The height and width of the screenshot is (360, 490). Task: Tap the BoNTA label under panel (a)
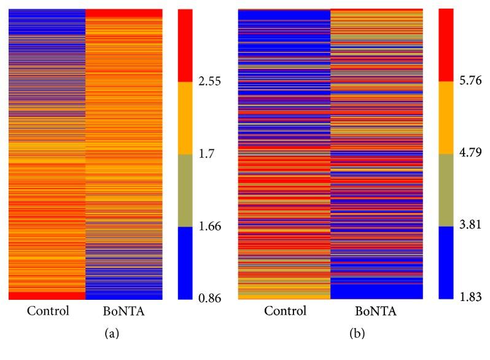coord(123,311)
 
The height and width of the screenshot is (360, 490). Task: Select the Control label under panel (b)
coord(284,311)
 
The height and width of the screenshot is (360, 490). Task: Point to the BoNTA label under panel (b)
coord(376,311)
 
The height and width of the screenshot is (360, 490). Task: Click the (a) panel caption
coord(85,337)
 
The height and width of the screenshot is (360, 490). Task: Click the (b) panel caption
coord(330,337)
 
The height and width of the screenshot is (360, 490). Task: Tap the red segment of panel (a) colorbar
coord(185,45)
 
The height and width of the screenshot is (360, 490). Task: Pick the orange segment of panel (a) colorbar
coord(185,117)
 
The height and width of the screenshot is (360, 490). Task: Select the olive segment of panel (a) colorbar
coord(185,190)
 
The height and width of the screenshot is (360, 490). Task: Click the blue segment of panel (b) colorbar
coord(446,262)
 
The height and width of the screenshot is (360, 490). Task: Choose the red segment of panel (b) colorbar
coord(446,45)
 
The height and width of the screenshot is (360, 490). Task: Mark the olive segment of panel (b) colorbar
coord(446,190)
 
